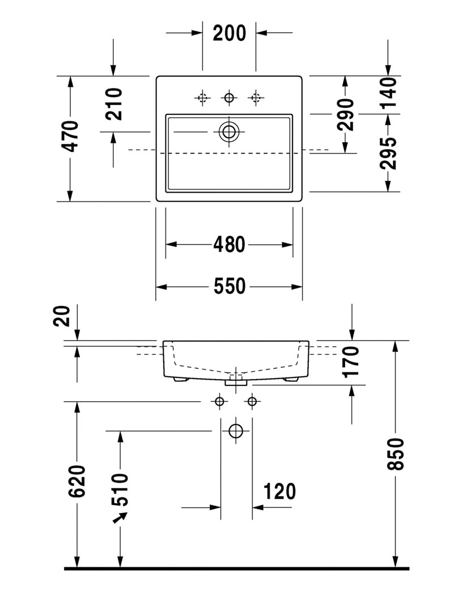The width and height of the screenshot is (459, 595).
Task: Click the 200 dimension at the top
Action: coord(229,33)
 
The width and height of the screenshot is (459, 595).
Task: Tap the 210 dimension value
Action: coord(114,104)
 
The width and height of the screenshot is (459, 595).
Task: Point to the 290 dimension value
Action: coord(345,114)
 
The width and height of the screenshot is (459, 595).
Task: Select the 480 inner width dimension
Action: coord(229,244)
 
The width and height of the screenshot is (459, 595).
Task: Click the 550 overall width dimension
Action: coord(229,287)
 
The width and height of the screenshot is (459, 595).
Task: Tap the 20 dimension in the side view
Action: coord(64,316)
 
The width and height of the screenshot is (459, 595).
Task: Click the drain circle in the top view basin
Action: coord(229,132)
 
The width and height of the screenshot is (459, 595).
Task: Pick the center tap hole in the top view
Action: coord(229,98)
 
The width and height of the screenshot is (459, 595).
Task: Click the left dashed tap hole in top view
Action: coord(202,98)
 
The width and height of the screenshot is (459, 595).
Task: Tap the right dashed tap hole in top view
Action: coord(256,98)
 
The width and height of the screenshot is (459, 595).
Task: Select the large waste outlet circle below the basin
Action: coord(236,431)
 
